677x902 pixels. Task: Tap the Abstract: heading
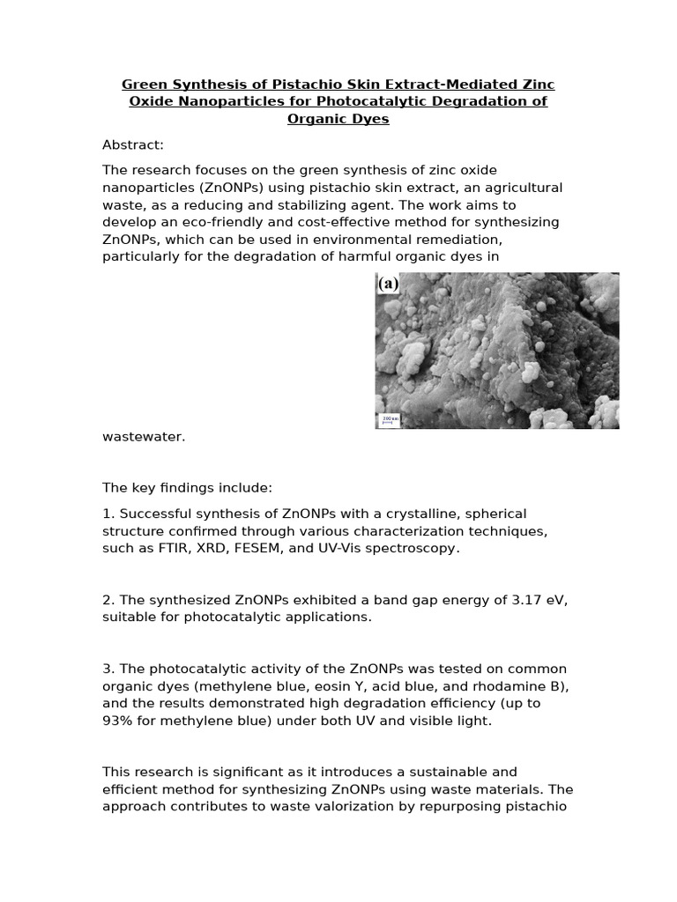[x=133, y=144]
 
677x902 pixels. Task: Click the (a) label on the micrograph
[x=388, y=285]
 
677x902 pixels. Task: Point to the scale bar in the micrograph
[x=388, y=421]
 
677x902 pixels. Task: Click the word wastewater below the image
[x=144, y=436]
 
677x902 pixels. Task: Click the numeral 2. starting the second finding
[x=108, y=600]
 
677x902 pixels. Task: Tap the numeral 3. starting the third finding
[x=108, y=669]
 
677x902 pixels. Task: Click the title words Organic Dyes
[x=338, y=118]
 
